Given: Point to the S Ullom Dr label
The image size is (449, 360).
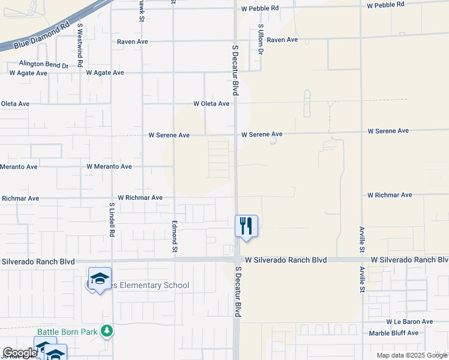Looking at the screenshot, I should click(261, 39).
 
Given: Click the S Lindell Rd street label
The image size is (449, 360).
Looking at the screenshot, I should click(112, 218).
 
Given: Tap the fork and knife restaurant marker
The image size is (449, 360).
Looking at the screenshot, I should click(246, 226).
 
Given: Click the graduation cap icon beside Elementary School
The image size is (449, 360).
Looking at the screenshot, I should click(100, 278).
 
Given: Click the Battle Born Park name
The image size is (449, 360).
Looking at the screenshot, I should click(68, 331).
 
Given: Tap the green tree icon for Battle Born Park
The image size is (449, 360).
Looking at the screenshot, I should click(106, 331).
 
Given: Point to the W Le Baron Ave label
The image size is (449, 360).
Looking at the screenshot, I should click(409, 322).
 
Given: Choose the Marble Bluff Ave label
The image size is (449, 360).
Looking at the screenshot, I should click(393, 333).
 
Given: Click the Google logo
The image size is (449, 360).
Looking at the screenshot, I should click(20, 353).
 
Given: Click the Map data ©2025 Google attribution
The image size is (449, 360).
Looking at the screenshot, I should click(412, 355).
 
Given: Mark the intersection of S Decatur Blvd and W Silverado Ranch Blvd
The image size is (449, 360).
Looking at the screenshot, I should click(237, 260).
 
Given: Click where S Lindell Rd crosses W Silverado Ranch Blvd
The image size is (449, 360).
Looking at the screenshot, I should click(112, 260).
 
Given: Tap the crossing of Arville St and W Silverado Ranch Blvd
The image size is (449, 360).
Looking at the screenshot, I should click(361, 260).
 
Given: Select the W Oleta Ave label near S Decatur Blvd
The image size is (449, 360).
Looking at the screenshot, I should click(211, 104).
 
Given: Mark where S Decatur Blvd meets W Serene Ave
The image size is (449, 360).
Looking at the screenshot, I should click(235, 134).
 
